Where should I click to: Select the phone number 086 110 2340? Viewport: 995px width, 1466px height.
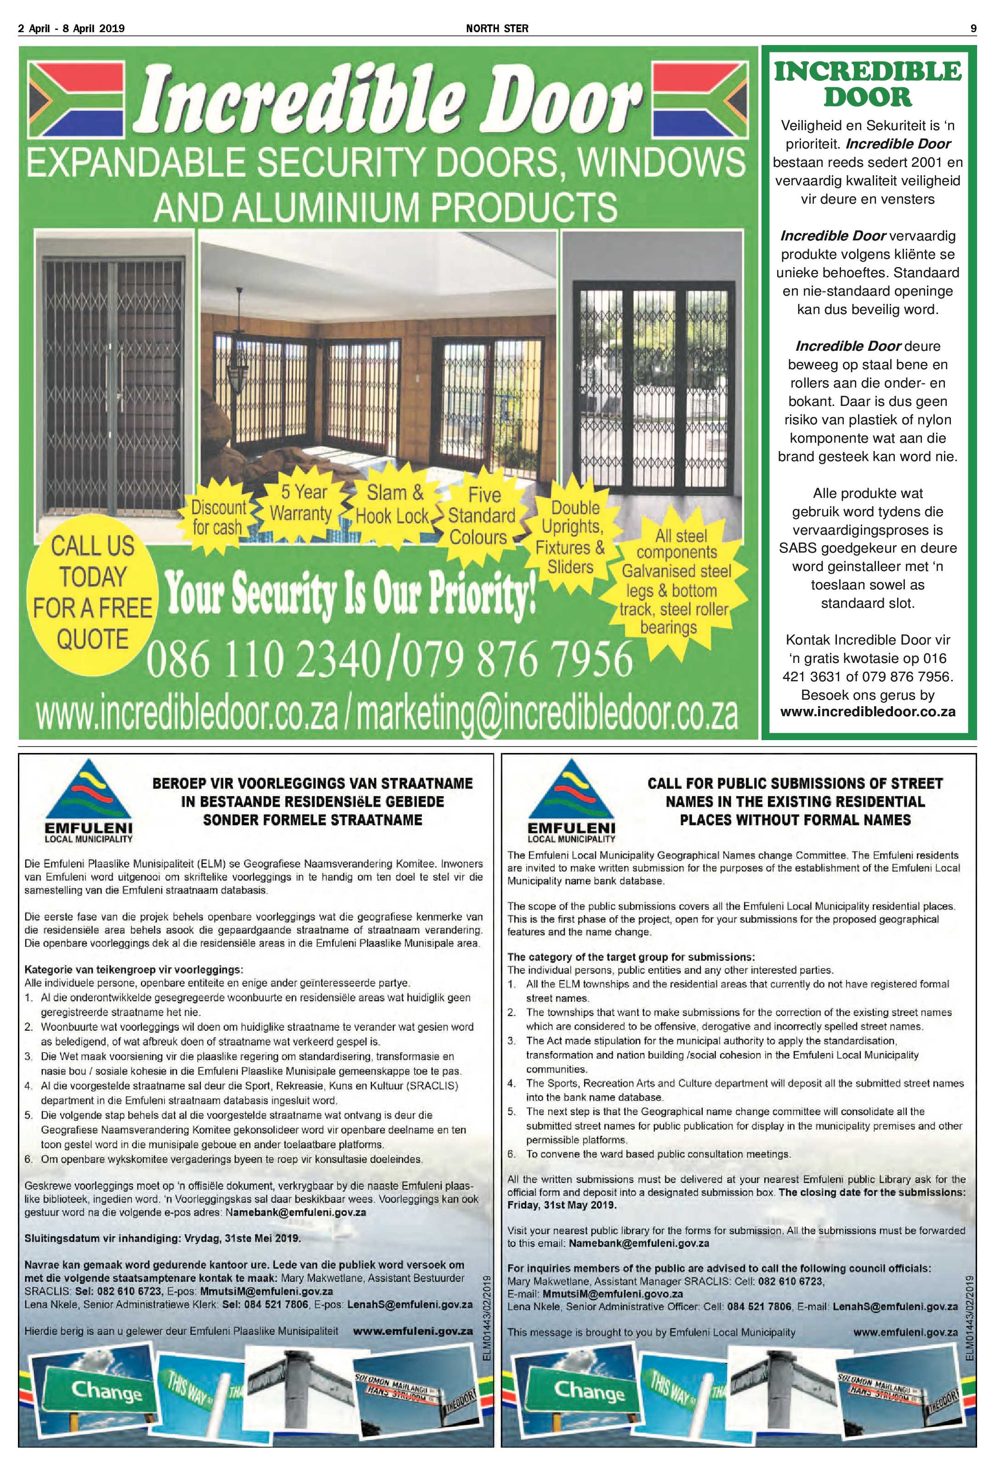[x=263, y=660]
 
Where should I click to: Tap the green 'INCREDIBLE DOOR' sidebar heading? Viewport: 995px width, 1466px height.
[x=868, y=84]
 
